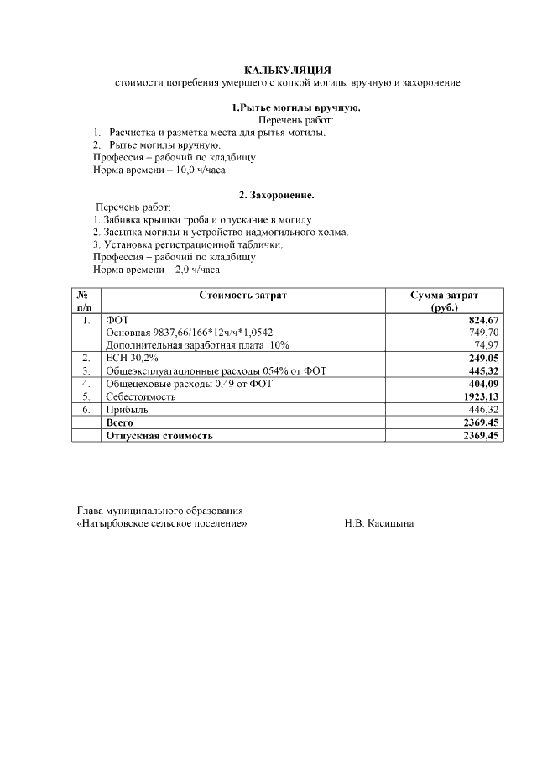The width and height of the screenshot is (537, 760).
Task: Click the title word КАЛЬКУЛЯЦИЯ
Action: [287, 71]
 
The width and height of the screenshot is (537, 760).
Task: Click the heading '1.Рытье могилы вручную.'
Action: [295, 108]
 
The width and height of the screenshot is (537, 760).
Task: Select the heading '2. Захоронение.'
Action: [276, 195]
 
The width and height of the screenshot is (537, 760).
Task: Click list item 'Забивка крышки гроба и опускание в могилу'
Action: [204, 219]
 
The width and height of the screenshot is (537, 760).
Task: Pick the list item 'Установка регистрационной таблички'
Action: [188, 244]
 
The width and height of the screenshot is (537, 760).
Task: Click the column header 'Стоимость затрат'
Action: [242, 296]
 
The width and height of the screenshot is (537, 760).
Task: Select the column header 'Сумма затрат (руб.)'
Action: [444, 301]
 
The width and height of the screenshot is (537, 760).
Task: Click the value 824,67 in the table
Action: [483, 321]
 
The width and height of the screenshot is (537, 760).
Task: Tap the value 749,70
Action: [484, 333]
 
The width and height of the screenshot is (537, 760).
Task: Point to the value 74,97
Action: [487, 345]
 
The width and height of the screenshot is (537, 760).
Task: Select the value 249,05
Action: [483, 358]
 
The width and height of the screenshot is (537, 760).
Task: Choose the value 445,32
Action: [483, 370]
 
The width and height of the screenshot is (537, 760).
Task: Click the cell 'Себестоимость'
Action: [140, 396]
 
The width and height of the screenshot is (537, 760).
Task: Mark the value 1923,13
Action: [481, 396]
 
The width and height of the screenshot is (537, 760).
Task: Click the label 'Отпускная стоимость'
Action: [159, 436]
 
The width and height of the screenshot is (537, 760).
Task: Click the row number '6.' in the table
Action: [86, 409]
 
